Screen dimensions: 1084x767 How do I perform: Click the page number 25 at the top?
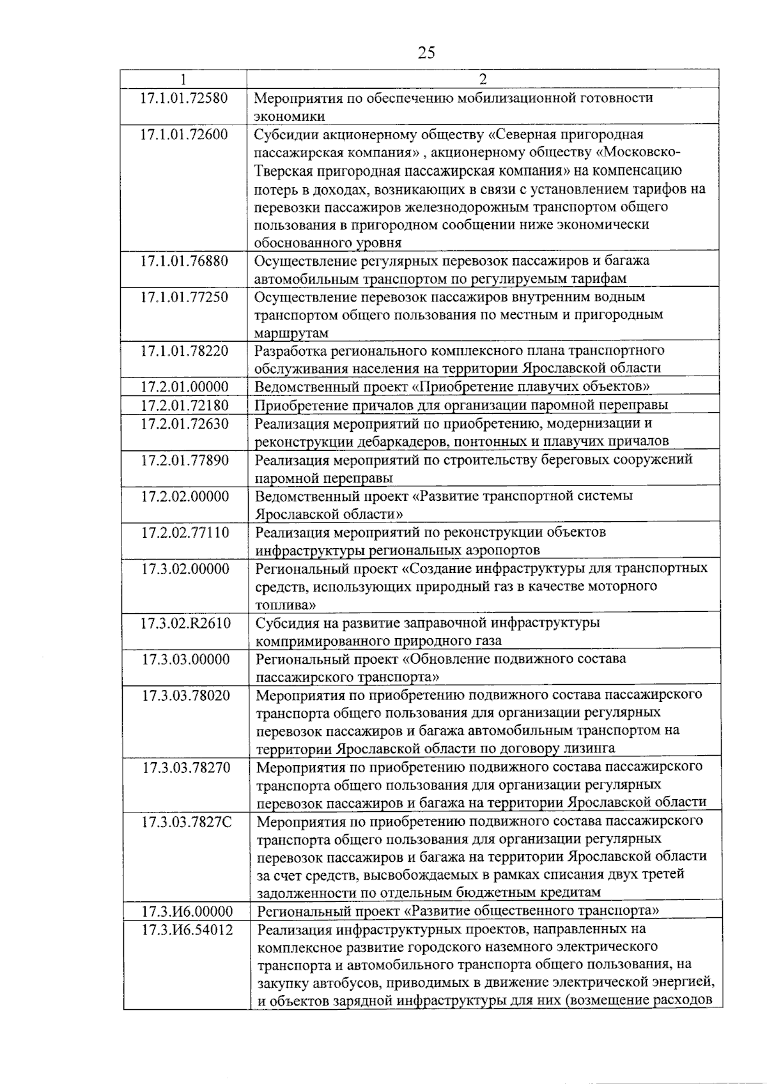[x=426, y=52]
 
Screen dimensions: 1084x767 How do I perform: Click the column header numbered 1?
[x=183, y=79]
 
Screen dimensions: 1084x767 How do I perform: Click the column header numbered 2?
[x=483, y=79]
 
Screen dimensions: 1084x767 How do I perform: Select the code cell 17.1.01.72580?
[x=184, y=98]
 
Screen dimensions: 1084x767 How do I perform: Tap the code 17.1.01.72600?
[x=184, y=135]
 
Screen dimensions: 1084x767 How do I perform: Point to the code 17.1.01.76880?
[x=184, y=261]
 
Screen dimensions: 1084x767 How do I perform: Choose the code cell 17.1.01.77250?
[x=184, y=297]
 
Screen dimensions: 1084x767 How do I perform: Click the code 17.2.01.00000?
[x=185, y=387]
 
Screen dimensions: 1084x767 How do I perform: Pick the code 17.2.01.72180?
[x=185, y=406]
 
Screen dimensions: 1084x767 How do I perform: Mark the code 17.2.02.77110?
[x=185, y=532]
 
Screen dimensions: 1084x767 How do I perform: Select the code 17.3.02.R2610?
[x=186, y=623]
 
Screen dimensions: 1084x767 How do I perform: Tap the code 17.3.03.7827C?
[x=187, y=821]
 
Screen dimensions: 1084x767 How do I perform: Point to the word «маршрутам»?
[x=291, y=333]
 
